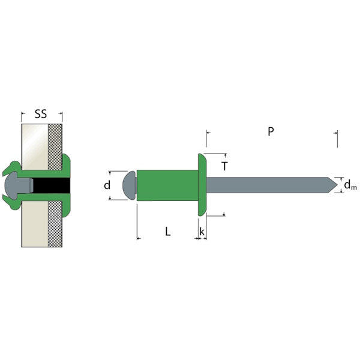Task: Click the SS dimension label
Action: pos(41,113)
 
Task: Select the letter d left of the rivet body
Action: pos(107,185)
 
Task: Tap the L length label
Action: pos(168,230)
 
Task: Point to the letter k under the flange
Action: pos(202,231)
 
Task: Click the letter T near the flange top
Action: pos(224,166)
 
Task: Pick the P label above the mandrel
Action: pos(271,131)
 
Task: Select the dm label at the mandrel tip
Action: pos(350,187)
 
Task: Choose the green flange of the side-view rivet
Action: pos(202,185)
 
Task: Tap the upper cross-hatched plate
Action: pos(55,144)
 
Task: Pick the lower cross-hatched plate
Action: pos(55,225)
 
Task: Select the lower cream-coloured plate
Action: pos(34,228)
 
